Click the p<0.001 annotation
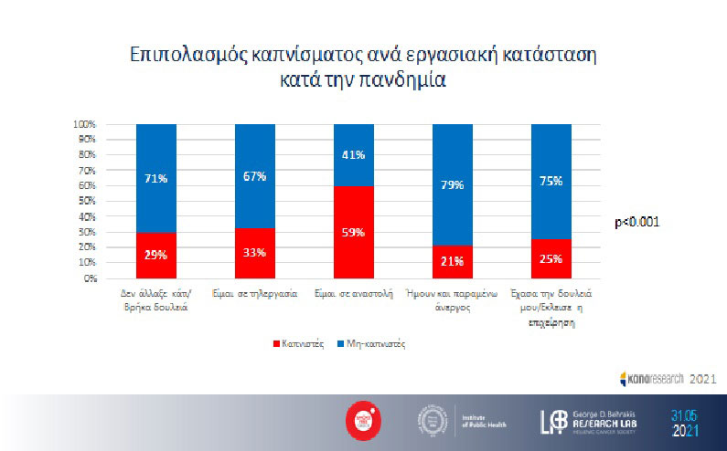pyautogui.click(x=638, y=222)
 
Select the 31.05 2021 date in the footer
pyautogui.click(x=688, y=422)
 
